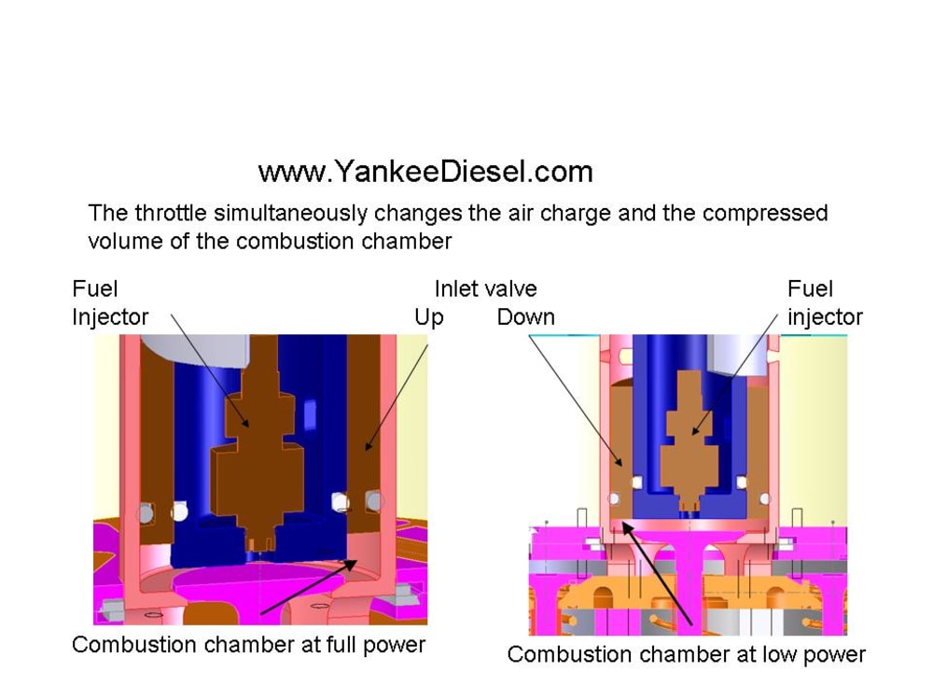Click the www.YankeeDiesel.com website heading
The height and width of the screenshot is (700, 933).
tap(425, 172)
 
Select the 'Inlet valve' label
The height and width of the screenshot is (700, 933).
tap(485, 288)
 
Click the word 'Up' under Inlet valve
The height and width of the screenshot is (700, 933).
tap(428, 317)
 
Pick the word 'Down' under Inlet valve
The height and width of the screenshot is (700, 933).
tap(525, 317)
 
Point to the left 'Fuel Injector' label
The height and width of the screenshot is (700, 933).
tap(110, 302)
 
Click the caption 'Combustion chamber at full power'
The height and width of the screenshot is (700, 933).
tap(248, 644)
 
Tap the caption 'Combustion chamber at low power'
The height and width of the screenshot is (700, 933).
tap(686, 654)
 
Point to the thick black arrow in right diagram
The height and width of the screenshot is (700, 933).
tap(658, 574)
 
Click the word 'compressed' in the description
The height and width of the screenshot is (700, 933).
tap(765, 213)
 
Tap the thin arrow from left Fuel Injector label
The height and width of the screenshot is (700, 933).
tap(210, 373)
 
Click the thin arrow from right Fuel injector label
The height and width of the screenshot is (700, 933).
tap(737, 373)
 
